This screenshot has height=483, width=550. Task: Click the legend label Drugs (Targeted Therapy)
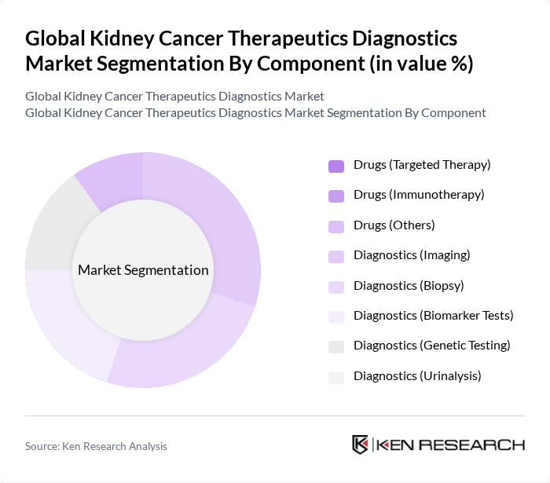[x=422, y=165]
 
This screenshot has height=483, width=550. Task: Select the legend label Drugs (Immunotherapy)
[x=419, y=195]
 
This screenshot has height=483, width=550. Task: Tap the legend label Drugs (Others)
[x=394, y=225]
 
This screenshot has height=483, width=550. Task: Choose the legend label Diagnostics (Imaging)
[x=412, y=255]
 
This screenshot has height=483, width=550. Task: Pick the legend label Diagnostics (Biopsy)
[x=409, y=285]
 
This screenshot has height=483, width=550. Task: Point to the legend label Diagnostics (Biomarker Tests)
[x=433, y=316]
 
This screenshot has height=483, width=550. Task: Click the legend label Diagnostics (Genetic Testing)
[x=431, y=346]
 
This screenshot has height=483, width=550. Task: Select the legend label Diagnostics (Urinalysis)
[x=417, y=376]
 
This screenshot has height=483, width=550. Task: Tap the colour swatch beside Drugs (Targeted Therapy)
[x=336, y=166]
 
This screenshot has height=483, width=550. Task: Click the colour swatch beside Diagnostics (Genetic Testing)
[x=336, y=346]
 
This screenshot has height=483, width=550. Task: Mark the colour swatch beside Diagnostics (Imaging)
[x=336, y=256]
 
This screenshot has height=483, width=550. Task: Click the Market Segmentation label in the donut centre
[x=143, y=270]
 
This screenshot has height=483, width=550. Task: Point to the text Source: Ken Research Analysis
[x=96, y=446]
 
